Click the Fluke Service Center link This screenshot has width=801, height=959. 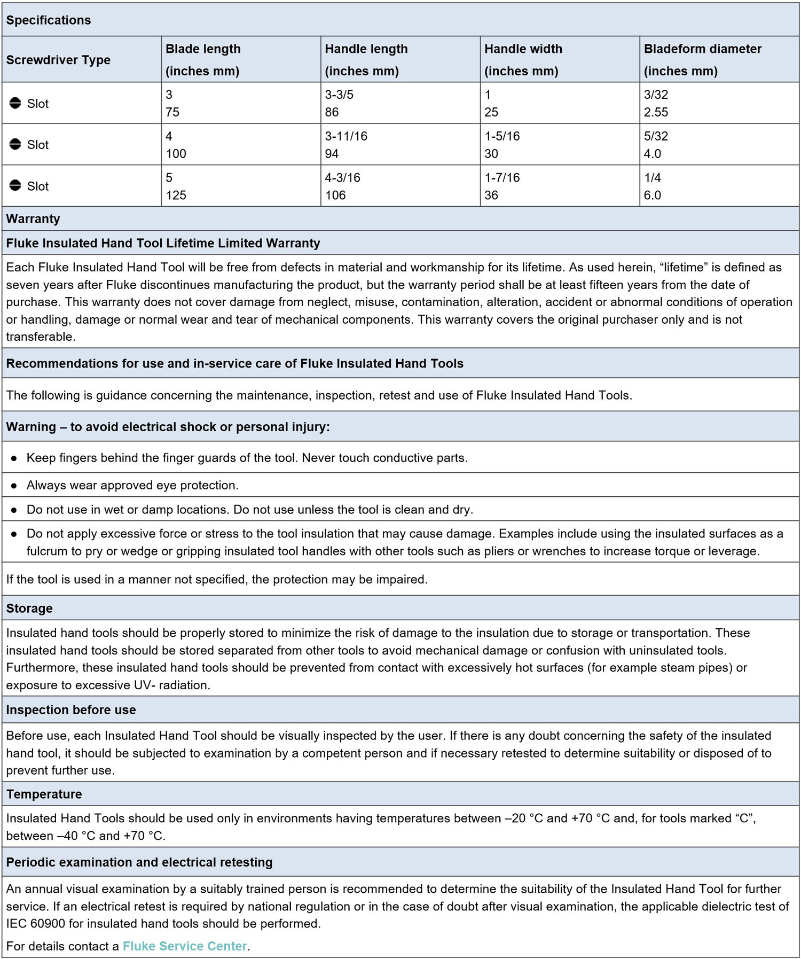(184, 946)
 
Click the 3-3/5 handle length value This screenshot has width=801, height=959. (339, 95)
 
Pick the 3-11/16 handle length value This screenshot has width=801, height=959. (346, 136)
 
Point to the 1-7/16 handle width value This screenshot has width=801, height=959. (502, 178)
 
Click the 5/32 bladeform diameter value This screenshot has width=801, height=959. (656, 136)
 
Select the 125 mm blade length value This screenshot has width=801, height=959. (176, 196)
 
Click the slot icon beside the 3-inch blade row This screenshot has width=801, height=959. (15, 103)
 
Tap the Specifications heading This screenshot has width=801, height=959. (49, 20)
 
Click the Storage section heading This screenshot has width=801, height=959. (29, 609)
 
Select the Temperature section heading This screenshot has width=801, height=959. (44, 794)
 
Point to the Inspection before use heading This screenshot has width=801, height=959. (71, 710)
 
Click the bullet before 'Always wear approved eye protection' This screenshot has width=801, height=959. (14, 486)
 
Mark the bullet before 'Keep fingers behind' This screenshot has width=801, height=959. (14, 458)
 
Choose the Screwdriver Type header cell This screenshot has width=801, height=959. (58, 60)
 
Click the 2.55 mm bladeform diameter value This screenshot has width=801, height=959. (656, 112)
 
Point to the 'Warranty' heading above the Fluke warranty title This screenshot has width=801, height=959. (33, 219)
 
